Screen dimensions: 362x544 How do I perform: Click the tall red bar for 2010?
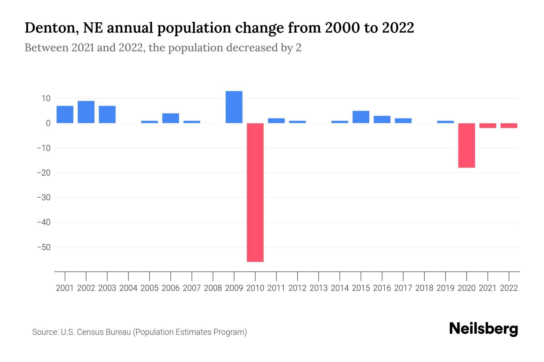(255, 192)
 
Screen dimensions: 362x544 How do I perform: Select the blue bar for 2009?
(234, 107)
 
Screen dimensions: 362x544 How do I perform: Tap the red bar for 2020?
(466, 145)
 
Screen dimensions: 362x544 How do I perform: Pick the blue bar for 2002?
(86, 112)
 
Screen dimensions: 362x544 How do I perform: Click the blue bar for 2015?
(361, 117)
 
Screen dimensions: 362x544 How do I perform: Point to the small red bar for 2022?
(509, 125)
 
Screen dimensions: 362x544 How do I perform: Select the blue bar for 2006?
(170, 118)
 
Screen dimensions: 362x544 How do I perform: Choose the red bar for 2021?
(487, 125)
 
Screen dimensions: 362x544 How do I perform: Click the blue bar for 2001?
(65, 114)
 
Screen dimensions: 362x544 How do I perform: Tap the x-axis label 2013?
(319, 288)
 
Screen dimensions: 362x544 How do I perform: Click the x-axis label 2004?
(128, 288)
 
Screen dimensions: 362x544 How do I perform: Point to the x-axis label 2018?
(424, 288)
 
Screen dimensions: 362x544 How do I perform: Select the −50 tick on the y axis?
(44, 247)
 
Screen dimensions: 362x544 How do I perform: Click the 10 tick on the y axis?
(46, 99)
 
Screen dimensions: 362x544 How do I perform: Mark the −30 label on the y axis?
(44, 198)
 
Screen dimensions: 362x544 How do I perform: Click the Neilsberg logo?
(484, 329)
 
